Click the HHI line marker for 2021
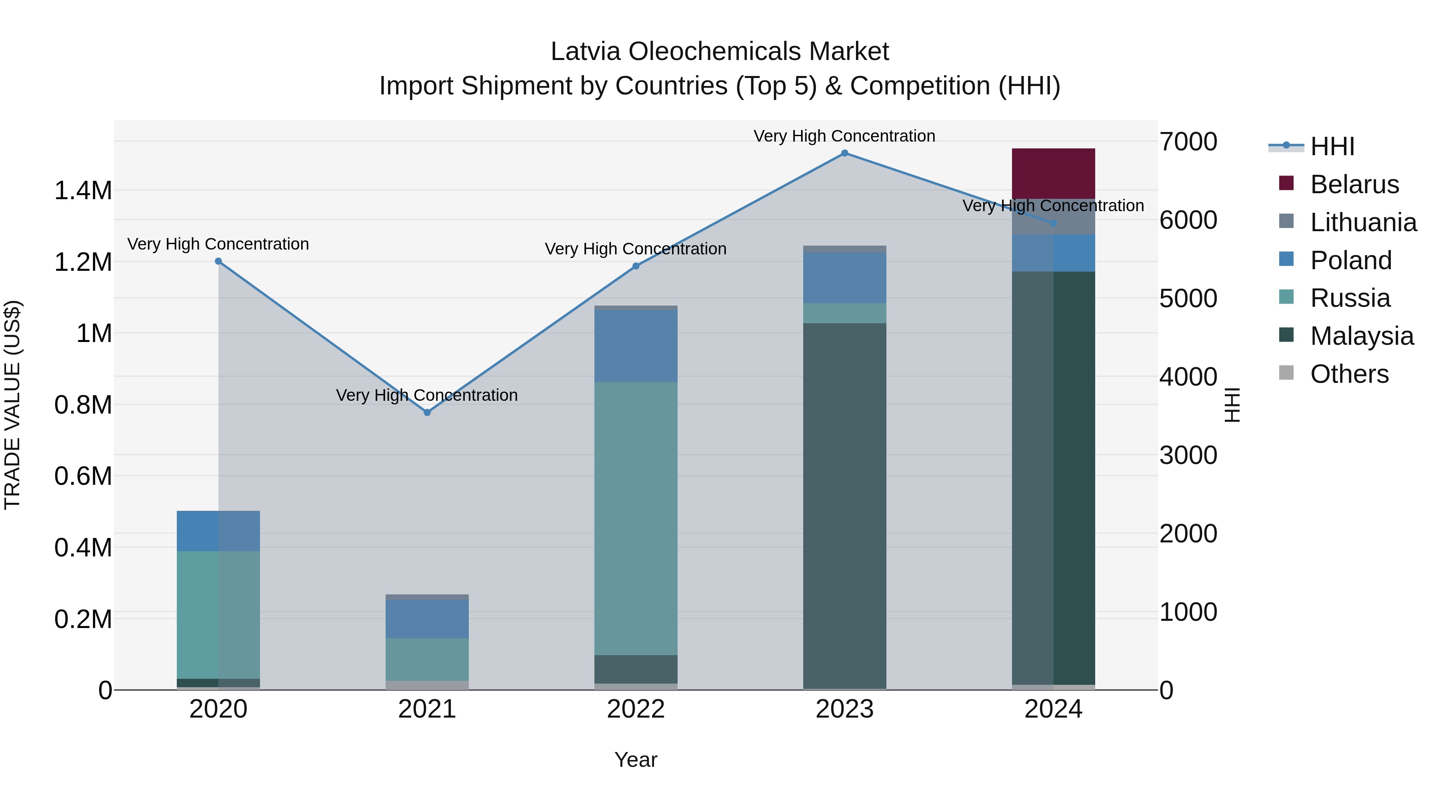427,412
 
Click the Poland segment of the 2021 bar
427,619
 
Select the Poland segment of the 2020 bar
218,531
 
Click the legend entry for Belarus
1354,184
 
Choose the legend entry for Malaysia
1361,336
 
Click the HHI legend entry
1332,146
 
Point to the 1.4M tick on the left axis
83,191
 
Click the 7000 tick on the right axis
1188,142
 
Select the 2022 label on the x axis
636,709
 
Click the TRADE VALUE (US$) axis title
12,405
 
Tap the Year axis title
636,760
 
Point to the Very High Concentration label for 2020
218,244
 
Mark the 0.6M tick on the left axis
83,476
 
